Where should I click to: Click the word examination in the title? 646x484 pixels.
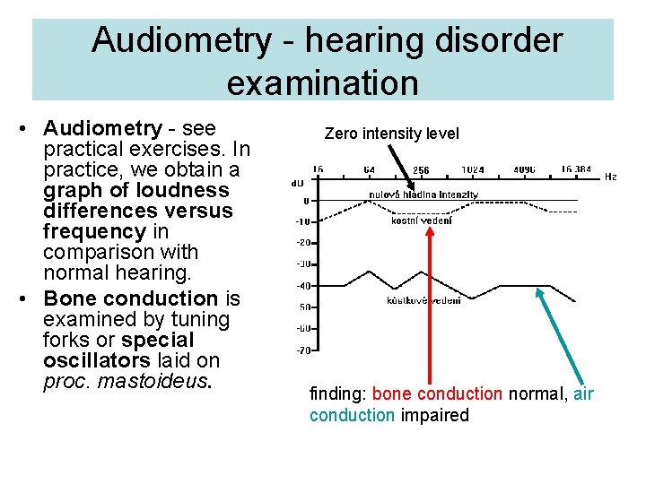[x=322, y=82]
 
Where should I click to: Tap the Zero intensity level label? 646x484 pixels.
[x=391, y=134]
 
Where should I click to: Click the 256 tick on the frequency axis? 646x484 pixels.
[x=420, y=170]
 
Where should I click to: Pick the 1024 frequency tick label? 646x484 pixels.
[x=472, y=170]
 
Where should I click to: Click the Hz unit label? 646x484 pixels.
[x=610, y=177]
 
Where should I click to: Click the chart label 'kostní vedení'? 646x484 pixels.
[x=422, y=220]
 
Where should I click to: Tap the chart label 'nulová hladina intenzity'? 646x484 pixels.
[x=423, y=194]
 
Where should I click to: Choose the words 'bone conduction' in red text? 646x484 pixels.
[x=437, y=393]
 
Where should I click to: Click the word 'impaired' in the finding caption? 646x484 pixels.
[x=435, y=415]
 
